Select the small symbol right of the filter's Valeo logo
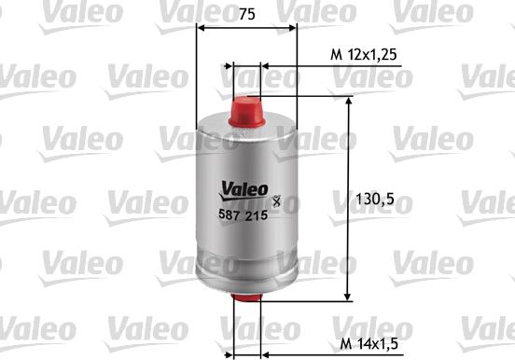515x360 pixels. [x=276, y=197]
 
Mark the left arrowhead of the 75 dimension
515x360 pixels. [x=202, y=28]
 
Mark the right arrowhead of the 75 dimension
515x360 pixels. [x=291, y=28]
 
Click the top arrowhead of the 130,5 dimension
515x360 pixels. [x=350, y=103]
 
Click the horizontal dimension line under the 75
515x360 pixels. [x=246, y=28]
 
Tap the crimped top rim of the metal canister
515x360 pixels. [x=246, y=127]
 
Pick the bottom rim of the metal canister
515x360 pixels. [x=246, y=286]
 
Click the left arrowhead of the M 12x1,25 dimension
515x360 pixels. [x=226, y=67]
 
